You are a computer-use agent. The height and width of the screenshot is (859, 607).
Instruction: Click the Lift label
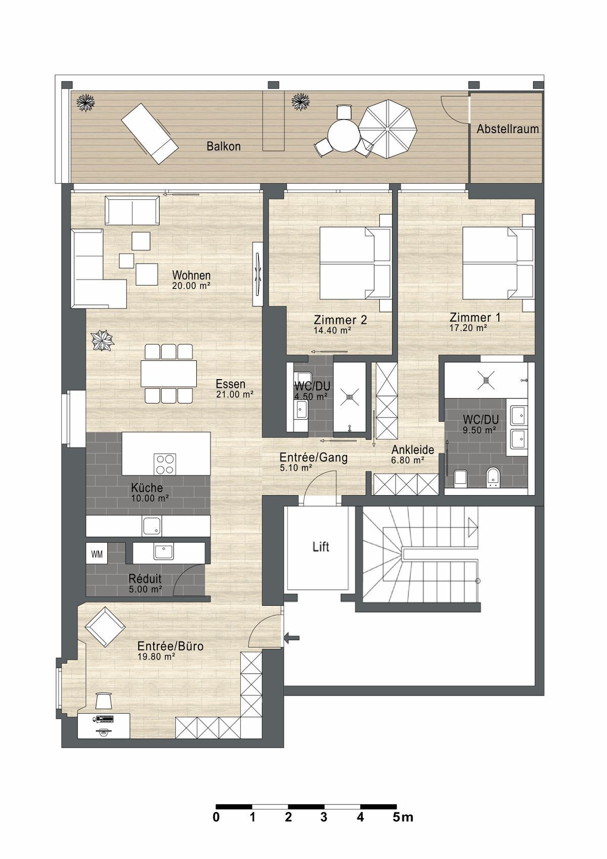pyautogui.click(x=321, y=547)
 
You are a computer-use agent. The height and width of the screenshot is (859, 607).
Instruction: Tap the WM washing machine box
pyautogui.click(x=97, y=554)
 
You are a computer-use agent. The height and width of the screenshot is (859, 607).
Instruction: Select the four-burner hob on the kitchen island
pyautogui.click(x=165, y=464)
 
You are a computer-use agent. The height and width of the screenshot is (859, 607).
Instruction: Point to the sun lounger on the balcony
pyautogui.click(x=149, y=134)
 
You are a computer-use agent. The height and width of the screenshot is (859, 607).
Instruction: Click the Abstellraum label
pyautogui.click(x=507, y=129)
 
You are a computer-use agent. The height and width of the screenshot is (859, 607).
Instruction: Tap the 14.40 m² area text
pyautogui.click(x=333, y=330)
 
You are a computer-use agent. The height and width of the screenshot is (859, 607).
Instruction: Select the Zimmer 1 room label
pyautogui.click(x=475, y=317)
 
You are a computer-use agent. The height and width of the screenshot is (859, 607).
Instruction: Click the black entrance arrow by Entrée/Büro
pyautogui.click(x=293, y=638)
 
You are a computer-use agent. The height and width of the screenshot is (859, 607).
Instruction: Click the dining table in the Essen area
pyautogui.click(x=168, y=374)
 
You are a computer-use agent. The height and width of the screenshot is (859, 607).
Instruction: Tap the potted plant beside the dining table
pyautogui.click(x=102, y=340)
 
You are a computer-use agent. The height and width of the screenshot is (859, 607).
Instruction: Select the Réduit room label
pyautogui.click(x=145, y=578)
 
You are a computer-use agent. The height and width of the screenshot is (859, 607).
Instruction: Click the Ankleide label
pyautogui.click(x=413, y=449)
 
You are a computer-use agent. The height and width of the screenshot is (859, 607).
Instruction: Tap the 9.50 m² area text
pyautogui.click(x=480, y=430)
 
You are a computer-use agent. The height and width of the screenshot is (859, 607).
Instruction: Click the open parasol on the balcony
pyautogui.click(x=388, y=129)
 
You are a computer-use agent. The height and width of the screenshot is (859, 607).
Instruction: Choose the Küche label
pyautogui.click(x=147, y=488)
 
